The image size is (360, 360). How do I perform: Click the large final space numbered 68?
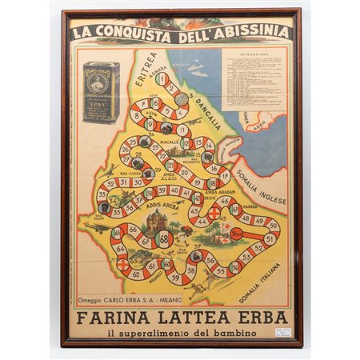[164, 238]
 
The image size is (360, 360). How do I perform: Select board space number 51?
[270, 238]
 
